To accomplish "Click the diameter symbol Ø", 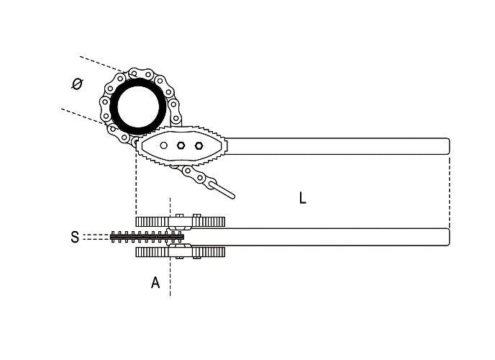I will pos(77,84).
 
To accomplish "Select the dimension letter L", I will pos(303,197).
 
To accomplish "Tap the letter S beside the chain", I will pos(75,237).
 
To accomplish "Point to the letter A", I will pos(155,283).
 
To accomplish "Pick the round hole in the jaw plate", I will pos(164,145).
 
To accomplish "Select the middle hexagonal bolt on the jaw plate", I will pos(181,145).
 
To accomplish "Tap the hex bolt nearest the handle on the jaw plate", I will pos(199,145).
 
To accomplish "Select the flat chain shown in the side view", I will pos(144,237).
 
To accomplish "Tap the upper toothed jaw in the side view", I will pos(180,222).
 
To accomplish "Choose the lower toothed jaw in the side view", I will pos(180,252).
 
